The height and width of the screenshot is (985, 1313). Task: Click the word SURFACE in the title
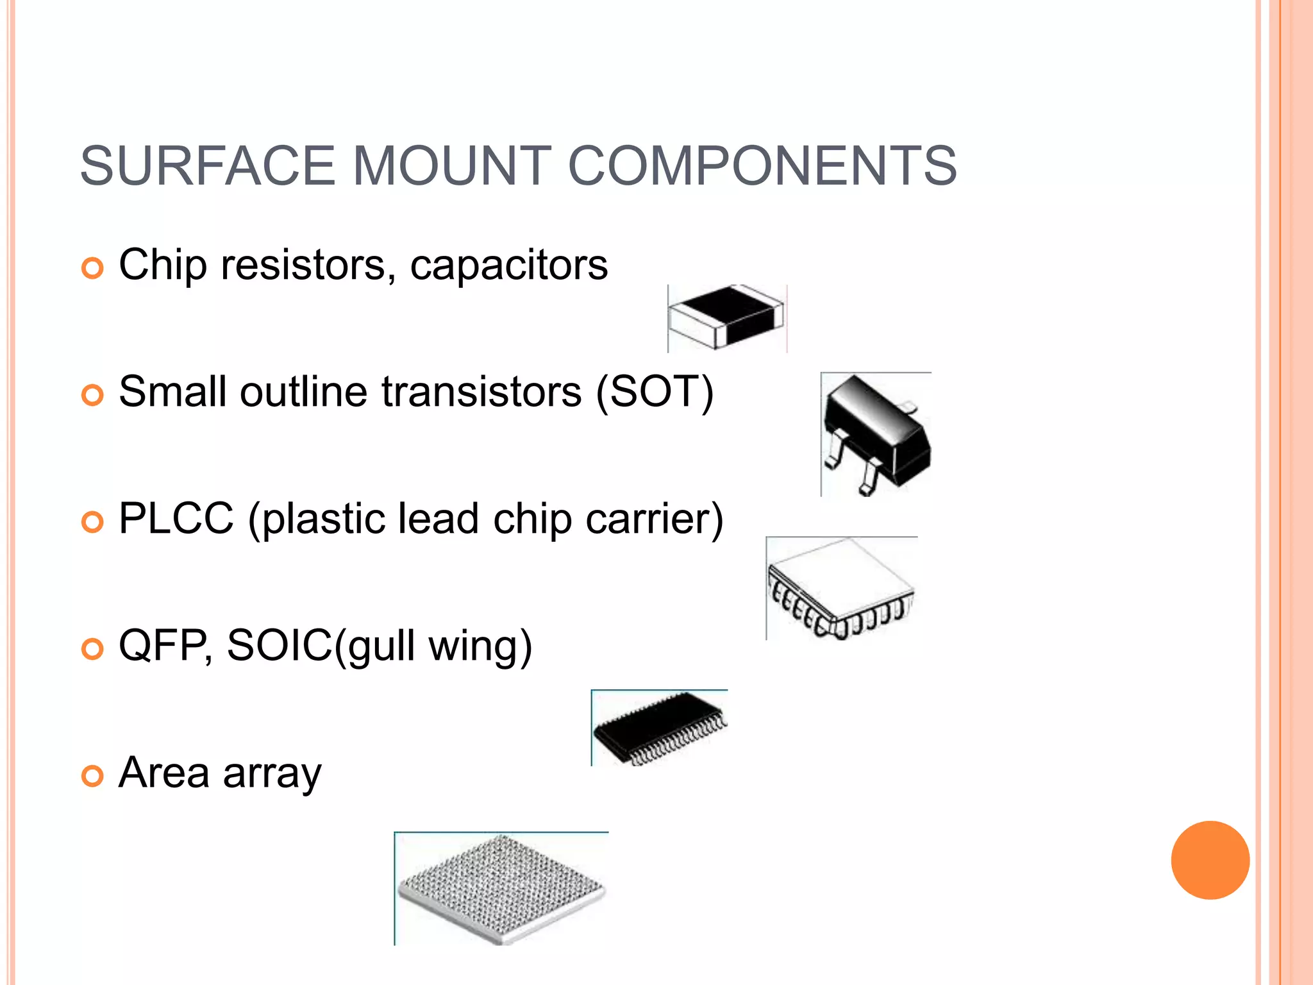coord(207,166)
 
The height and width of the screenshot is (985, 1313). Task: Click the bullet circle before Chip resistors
coord(92,268)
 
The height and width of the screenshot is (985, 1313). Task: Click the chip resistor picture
coord(726,318)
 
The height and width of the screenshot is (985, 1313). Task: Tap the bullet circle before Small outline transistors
coord(92,395)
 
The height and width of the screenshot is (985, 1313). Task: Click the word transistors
coord(481,391)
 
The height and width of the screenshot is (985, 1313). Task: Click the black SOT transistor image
coord(876,434)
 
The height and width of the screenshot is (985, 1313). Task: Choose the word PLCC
coord(176,518)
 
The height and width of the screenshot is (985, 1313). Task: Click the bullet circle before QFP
coord(92,649)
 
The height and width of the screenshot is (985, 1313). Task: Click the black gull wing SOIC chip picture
coord(659,728)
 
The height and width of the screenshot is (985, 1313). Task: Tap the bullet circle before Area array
coord(92,776)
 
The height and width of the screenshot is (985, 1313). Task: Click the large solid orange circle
coord(1210,860)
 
